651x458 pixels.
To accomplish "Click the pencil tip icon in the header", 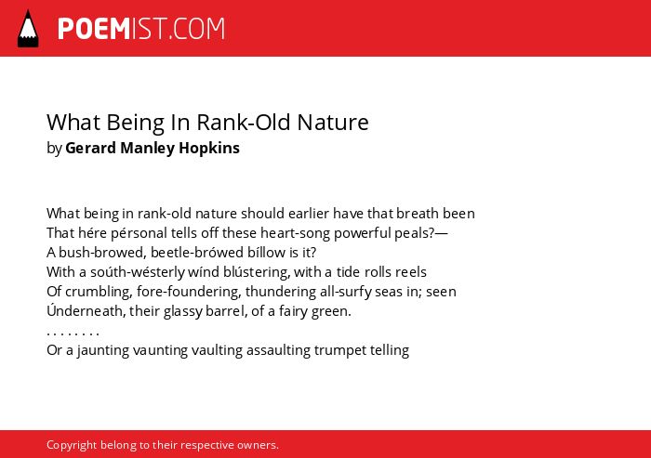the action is click(28, 29).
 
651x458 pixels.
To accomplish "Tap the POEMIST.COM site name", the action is click(141, 29).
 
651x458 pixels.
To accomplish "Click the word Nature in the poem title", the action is click(333, 123).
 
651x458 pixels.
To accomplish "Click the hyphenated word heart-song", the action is click(295, 233).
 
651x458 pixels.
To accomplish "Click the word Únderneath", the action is click(86, 310).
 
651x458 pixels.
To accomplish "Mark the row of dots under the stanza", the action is click(73, 334).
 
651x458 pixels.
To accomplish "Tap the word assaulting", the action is click(278, 350).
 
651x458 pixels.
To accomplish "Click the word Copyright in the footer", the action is click(72, 445).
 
